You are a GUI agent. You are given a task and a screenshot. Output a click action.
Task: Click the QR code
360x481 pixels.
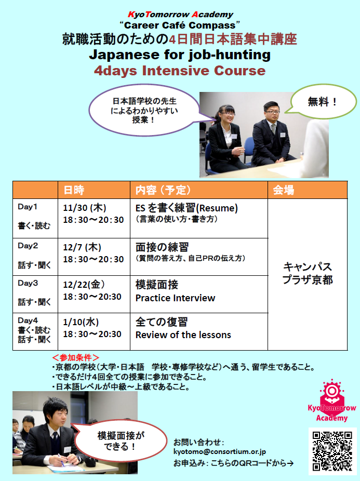[x=332, y=451]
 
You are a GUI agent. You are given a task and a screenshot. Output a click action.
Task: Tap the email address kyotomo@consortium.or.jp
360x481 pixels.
[x=219, y=451]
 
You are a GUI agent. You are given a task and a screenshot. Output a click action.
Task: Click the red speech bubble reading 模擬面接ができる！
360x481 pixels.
[x=119, y=441]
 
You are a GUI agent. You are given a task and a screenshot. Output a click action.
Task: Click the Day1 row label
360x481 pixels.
[x=28, y=207]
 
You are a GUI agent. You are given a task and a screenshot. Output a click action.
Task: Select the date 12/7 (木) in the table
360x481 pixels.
[x=82, y=247]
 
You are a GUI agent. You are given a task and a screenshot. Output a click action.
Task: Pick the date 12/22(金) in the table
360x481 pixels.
[x=84, y=285]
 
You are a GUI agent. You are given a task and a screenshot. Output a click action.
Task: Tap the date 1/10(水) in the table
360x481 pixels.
[x=81, y=322]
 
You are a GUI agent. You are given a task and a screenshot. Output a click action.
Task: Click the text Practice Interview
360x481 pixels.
[x=175, y=298]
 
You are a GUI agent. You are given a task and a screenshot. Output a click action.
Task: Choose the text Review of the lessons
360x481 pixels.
[x=183, y=335]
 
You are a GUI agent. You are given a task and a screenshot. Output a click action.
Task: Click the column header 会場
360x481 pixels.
[x=283, y=190]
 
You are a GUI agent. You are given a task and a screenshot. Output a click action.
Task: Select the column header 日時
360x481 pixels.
[x=74, y=190]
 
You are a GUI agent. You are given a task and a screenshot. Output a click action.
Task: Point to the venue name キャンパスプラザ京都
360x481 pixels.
[x=308, y=273]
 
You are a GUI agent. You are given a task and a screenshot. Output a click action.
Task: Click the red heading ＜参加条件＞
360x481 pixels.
[x=75, y=357]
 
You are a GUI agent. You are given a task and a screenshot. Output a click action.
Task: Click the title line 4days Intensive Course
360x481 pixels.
[x=180, y=71]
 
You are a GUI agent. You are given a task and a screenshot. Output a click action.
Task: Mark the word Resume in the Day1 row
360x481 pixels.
[x=217, y=208]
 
